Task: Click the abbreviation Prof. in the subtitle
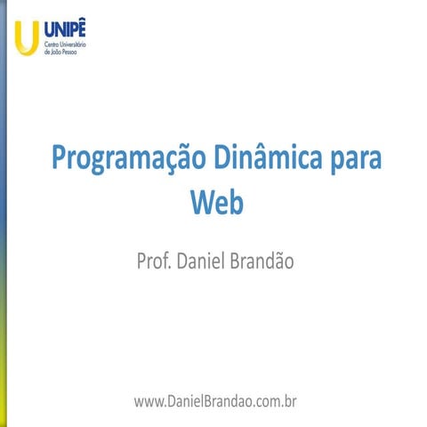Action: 154,262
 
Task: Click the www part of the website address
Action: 148,402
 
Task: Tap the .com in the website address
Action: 266,402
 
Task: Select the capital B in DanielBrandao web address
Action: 205,401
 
